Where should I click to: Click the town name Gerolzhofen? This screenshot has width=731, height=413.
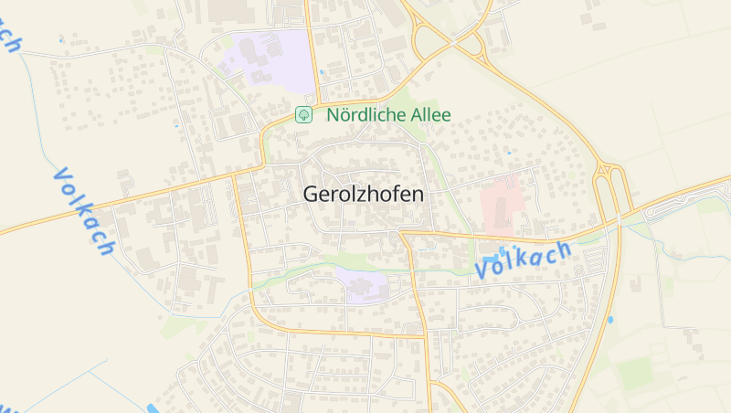363,195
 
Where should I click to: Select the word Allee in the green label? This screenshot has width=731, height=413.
429,116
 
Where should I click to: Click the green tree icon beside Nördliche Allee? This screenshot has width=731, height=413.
304,115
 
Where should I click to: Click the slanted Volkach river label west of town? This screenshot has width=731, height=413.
84,211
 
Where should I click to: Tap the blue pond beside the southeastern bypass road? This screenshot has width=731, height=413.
609,320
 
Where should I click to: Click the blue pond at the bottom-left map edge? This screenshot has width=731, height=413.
152,408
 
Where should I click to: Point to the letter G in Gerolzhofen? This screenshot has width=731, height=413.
311,195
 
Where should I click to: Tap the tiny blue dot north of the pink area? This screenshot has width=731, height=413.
509,153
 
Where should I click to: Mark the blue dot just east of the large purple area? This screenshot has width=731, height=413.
322,72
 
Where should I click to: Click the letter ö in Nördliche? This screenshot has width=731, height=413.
343,116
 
